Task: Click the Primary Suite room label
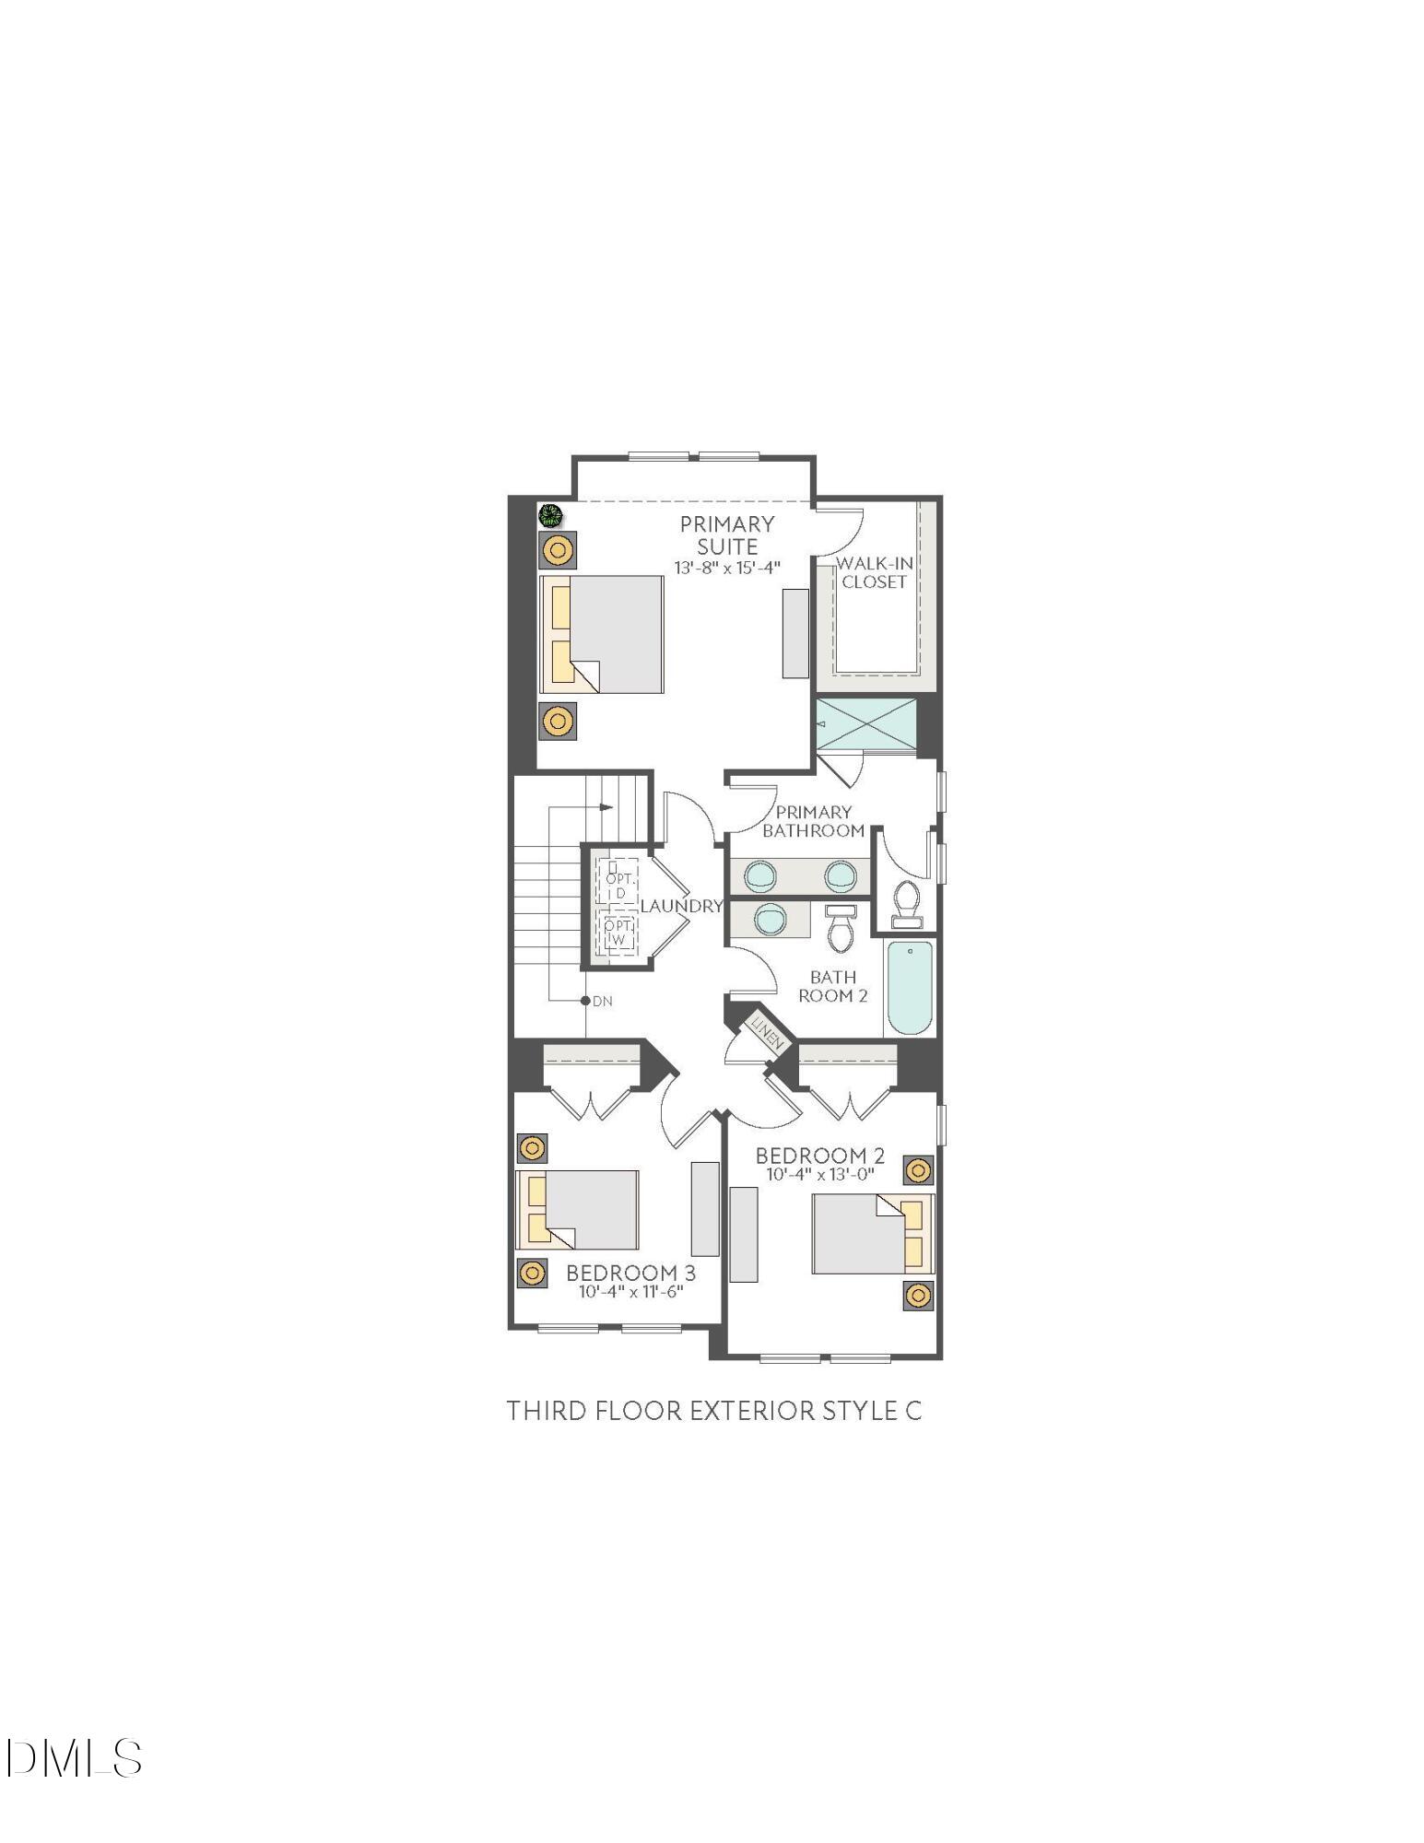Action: pyautogui.click(x=726, y=534)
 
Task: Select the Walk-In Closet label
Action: pyautogui.click(x=874, y=572)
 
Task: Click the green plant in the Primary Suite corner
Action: pyautogui.click(x=550, y=515)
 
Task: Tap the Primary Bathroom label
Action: pyautogui.click(x=813, y=820)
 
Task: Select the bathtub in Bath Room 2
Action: pyautogui.click(x=909, y=988)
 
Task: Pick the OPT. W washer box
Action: pyautogui.click(x=618, y=932)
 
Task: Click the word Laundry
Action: pyautogui.click(x=681, y=906)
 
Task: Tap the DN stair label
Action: pyautogui.click(x=602, y=1001)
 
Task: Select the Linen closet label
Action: pyautogui.click(x=767, y=1032)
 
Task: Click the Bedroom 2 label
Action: pyautogui.click(x=819, y=1155)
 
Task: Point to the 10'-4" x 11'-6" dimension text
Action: pyautogui.click(x=630, y=1292)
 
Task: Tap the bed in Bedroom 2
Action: pyautogui.click(x=866, y=1234)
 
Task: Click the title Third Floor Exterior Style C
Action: pyautogui.click(x=713, y=1411)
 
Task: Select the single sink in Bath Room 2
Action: pyautogui.click(x=770, y=918)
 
